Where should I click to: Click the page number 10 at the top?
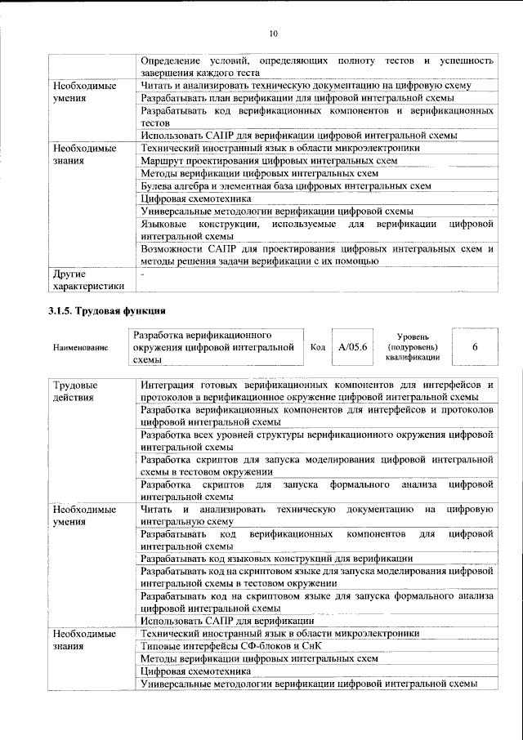(274, 33)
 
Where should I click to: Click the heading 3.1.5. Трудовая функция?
(105, 311)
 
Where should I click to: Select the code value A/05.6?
(354, 346)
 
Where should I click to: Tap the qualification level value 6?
(475, 346)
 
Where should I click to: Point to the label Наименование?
(80, 347)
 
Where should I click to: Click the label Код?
(318, 346)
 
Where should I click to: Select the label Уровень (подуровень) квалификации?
(414, 346)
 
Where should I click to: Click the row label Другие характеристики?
(88, 280)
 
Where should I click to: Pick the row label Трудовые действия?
(75, 390)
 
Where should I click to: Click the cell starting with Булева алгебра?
(285, 185)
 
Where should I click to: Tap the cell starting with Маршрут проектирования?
(269, 161)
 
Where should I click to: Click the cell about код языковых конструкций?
(276, 558)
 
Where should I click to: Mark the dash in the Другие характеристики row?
(142, 274)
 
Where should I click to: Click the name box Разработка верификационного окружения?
(216, 347)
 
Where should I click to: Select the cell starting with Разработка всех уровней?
(316, 441)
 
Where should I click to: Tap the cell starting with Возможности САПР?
(316, 255)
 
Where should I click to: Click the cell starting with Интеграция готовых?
(316, 390)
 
